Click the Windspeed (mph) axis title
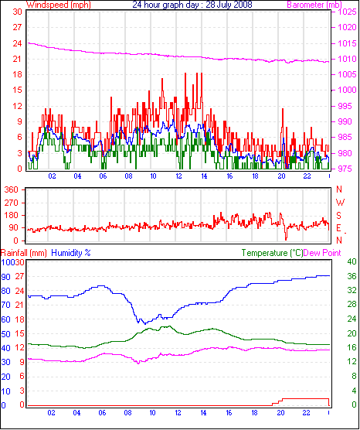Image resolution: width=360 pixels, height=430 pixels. [x=59, y=5]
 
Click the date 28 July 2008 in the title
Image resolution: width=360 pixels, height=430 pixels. [x=229, y=5]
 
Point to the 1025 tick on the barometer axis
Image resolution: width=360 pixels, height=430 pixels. [x=348, y=12]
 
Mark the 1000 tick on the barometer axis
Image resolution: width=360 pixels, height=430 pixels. [x=348, y=90]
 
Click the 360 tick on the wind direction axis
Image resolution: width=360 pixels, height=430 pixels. [x=12, y=189]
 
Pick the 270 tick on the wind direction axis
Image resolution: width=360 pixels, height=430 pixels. [x=12, y=203]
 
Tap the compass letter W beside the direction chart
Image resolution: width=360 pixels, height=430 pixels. [x=340, y=203]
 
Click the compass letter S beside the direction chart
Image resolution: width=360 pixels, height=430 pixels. [x=339, y=216]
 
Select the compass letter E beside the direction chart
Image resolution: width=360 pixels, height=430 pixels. [x=339, y=228]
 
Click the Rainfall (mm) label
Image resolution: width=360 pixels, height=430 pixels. [x=23, y=253]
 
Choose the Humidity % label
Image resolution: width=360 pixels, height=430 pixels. [x=71, y=253]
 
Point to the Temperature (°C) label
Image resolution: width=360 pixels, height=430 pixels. [x=272, y=253]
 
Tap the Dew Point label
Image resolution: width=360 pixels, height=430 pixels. [x=322, y=253]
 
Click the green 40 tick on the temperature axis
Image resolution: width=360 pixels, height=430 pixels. [x=352, y=261]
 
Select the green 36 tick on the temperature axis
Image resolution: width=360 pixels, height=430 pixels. [x=352, y=276]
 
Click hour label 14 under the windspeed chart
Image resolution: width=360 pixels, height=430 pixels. [x=204, y=176]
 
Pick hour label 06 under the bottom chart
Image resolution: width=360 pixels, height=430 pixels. [x=102, y=412]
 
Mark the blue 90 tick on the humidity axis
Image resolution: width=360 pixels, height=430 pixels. [x=5, y=277]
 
